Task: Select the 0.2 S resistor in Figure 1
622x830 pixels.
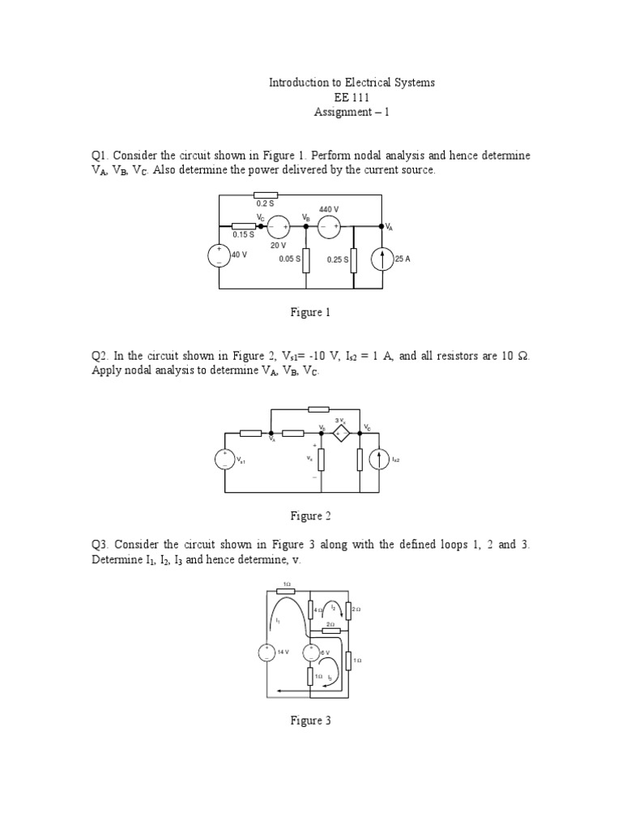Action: [266, 195]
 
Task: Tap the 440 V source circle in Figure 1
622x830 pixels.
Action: [329, 227]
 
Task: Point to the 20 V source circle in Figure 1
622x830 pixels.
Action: [279, 227]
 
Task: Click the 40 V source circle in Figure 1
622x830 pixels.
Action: [219, 257]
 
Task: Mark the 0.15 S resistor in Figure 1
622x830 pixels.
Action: [244, 227]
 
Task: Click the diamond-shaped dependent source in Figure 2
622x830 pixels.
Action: [341, 434]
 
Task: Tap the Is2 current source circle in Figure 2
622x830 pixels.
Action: [379, 460]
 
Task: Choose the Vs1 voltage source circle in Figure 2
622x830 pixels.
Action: [224, 460]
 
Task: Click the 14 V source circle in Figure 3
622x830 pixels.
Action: [266, 652]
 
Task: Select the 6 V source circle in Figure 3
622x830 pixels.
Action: [311, 652]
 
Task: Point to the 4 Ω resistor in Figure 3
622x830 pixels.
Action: [311, 610]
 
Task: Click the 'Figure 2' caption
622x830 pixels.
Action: [311, 516]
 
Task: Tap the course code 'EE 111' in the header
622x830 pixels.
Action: [351, 97]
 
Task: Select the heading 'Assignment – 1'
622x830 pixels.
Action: [351, 112]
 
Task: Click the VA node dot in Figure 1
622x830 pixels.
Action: [381, 227]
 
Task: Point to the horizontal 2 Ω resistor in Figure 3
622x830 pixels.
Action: [330, 631]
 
